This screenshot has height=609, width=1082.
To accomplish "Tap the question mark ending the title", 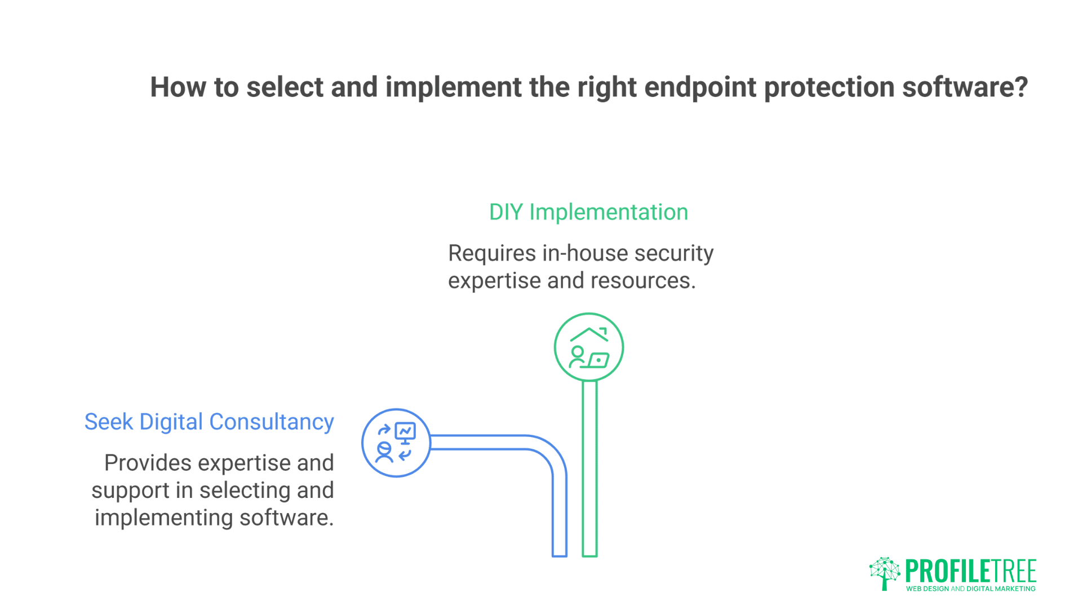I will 1022,87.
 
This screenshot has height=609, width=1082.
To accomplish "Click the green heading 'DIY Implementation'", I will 588,213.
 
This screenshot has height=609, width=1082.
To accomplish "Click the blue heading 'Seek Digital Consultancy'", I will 209,422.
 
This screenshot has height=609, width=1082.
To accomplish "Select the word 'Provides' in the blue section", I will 148,463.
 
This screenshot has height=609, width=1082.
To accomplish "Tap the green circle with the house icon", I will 588,347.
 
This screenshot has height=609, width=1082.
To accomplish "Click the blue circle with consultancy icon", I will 396,443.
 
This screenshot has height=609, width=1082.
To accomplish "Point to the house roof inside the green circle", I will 588,333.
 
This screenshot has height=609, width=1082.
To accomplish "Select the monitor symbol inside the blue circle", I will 405,433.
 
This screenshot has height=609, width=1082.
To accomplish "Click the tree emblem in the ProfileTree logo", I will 884,572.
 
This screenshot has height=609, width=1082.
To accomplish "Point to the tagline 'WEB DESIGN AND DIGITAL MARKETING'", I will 970,589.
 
